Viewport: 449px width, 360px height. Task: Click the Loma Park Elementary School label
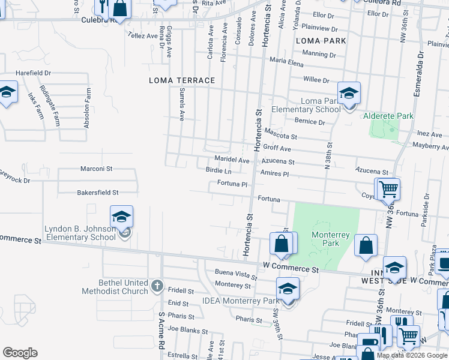[306, 105]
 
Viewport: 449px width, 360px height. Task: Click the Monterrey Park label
[325, 239]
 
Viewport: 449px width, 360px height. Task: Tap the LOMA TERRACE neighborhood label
[182, 80]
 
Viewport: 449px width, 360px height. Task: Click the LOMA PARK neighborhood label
[321, 41]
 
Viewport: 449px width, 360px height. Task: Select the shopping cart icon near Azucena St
[388, 189]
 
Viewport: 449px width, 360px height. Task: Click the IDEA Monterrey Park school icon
[288, 288]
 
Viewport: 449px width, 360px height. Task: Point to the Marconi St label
[97, 169]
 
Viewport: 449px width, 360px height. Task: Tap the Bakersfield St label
[98, 193]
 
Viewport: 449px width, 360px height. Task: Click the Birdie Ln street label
[218, 171]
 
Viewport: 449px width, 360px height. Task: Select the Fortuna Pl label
[232, 183]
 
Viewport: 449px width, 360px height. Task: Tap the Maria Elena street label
[286, 60]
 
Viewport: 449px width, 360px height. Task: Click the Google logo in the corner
[20, 352]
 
